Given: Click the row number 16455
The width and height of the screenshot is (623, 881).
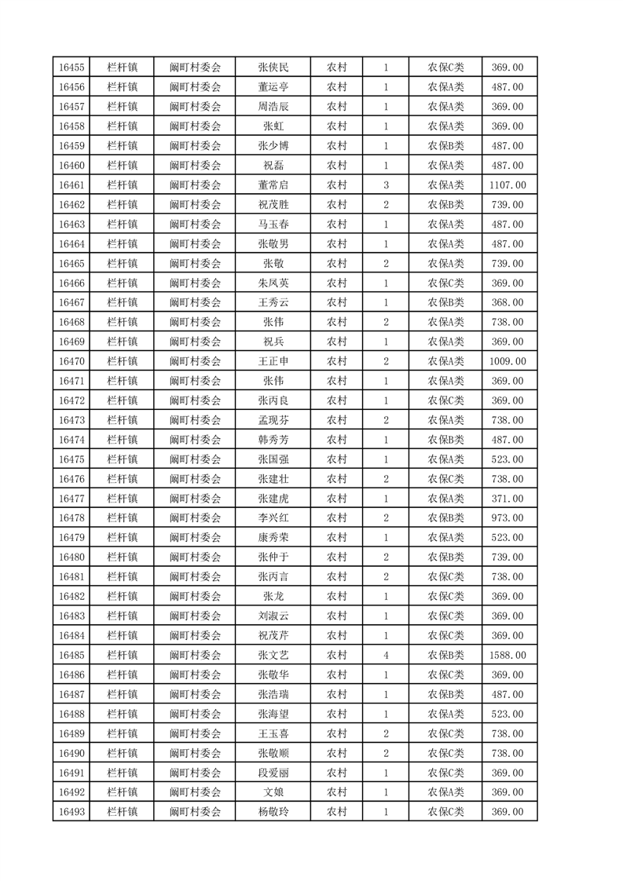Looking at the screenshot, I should (71, 68).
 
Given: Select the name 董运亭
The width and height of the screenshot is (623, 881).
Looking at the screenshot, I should (273, 87).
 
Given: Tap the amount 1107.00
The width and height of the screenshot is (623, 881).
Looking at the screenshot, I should (507, 185).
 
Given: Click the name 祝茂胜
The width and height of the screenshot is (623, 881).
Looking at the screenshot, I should (273, 205).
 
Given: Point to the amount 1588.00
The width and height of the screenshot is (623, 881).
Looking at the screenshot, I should (507, 655).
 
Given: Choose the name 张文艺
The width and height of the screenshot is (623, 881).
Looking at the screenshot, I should (273, 655).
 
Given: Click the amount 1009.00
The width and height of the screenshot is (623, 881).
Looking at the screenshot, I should (507, 361).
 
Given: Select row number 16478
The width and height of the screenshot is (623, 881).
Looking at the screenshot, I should (71, 518).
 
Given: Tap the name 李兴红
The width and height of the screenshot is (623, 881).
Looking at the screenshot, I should (273, 518).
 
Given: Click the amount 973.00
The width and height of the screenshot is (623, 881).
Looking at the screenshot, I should (507, 518).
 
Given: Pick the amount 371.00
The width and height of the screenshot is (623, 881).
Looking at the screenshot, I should (507, 499).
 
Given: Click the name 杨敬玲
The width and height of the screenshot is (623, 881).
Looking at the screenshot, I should (273, 812).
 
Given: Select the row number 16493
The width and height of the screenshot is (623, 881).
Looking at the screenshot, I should (71, 812).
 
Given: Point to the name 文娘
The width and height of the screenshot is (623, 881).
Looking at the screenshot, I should (273, 792).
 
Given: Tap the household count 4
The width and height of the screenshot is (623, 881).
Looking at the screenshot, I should (386, 655).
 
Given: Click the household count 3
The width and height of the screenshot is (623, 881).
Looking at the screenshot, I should (386, 185).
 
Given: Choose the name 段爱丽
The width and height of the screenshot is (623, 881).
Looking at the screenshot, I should (273, 773).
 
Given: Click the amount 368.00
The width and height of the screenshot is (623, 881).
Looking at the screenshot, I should (507, 302).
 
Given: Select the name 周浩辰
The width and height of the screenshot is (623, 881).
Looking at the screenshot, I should (273, 107).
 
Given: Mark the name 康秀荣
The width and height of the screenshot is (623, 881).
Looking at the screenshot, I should (273, 538).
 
